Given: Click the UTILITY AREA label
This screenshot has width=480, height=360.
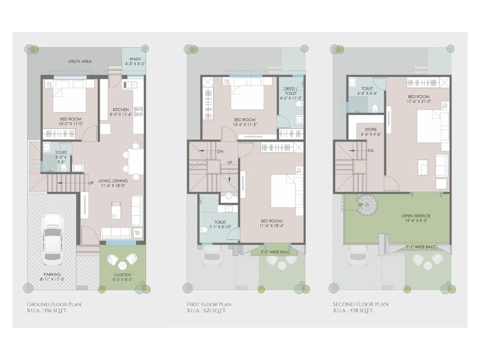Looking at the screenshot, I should pos(80,61).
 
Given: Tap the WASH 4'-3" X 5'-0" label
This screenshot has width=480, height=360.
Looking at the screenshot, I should pos(135,61).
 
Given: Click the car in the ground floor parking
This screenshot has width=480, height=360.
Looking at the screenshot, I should pos(52,239).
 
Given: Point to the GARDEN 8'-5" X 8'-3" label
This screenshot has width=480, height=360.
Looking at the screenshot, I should pos(122,277).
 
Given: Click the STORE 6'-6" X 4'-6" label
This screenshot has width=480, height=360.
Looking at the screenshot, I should pos(371,132).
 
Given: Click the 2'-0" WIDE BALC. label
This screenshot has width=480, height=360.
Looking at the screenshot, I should pos(276,252).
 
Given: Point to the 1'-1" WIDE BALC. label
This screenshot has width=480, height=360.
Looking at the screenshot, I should pos(421,247).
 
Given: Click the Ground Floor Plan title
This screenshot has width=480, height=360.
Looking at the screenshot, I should pos(54,304).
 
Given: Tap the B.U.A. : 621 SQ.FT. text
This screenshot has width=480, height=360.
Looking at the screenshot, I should pos(206,310).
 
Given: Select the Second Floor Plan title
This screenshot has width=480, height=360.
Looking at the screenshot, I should pos(361,304).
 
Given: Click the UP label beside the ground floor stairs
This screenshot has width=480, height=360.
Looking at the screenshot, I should pos(91,183).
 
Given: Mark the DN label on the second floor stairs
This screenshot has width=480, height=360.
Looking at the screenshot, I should pos(370,151).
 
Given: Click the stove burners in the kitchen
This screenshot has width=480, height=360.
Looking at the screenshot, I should pos(138,112).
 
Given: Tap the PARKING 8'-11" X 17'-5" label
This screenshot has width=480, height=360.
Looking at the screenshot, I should pos(52,277).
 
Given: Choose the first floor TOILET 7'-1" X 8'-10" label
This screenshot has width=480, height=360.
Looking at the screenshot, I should pos(220,224).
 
